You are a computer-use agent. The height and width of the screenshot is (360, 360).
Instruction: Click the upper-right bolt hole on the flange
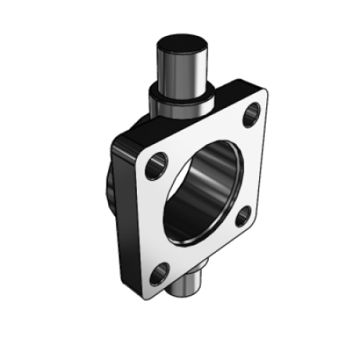252,117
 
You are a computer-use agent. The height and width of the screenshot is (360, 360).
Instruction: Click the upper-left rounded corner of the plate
141,152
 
